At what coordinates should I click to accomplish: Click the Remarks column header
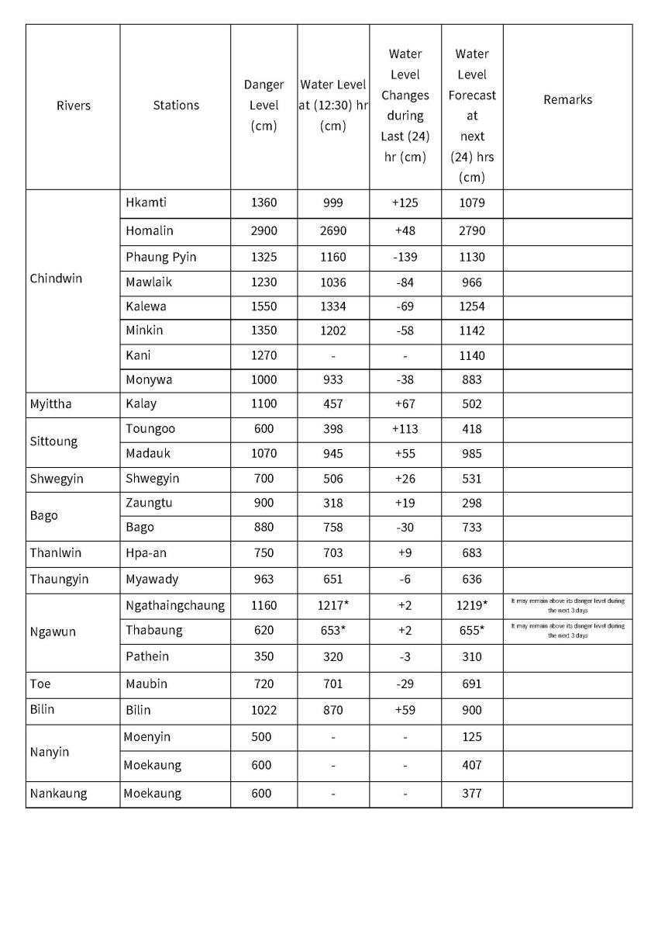point(567,99)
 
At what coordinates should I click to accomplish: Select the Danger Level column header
point(264,105)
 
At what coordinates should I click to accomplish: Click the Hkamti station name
point(146,203)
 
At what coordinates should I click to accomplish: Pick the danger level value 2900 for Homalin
point(264,231)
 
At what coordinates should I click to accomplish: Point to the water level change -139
point(405,257)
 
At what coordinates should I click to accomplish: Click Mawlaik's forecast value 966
point(471,282)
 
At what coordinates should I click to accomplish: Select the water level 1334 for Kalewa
point(332,306)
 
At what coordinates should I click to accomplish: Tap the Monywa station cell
point(149,379)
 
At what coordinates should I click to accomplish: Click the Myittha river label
point(50,403)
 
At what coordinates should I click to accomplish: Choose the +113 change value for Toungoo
point(405,428)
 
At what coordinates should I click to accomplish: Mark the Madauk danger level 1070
point(264,453)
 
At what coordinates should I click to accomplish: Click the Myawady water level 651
point(332,579)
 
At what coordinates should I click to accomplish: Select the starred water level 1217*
point(333,606)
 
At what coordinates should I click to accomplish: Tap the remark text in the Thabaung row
point(567,630)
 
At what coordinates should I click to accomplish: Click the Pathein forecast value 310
point(471,656)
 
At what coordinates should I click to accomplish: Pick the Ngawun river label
point(53,632)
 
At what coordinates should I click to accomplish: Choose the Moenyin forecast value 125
point(471,737)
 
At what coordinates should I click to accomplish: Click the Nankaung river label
point(59,794)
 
